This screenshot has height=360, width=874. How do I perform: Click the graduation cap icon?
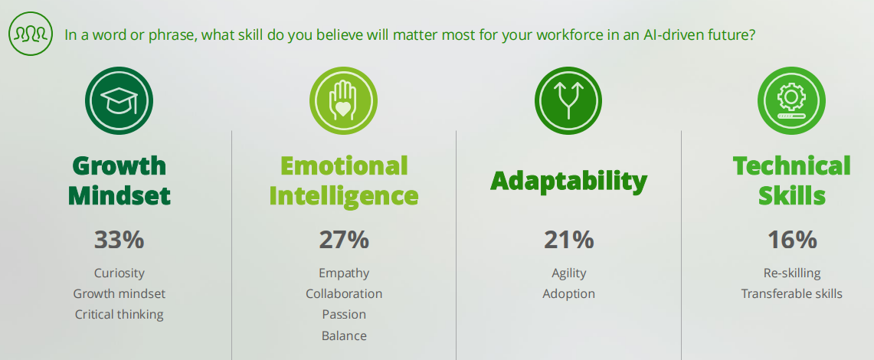[119, 101]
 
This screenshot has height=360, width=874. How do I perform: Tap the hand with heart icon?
[343, 101]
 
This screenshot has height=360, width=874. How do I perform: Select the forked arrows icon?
[568, 101]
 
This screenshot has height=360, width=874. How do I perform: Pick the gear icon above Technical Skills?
[791, 101]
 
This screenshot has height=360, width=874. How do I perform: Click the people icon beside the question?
[31, 34]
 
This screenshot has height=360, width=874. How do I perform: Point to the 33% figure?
[119, 240]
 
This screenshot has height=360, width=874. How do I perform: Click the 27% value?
[344, 240]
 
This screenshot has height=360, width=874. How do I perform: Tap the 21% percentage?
[568, 240]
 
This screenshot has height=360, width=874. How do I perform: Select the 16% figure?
[792, 240]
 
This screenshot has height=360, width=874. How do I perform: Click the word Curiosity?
[119, 273]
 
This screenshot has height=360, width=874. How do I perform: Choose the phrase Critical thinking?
[119, 314]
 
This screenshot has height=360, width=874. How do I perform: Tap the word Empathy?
[344, 273]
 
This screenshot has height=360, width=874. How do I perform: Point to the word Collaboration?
[344, 293]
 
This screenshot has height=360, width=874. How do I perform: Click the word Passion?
[344, 314]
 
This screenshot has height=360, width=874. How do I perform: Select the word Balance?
[344, 335]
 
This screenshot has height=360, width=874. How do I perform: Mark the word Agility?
[568, 273]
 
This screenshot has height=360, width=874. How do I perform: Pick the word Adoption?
[568, 293]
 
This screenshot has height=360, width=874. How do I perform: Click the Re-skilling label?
[792, 273]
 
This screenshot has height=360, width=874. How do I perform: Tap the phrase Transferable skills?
[792, 293]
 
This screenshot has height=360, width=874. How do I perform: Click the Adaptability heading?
[568, 181]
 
